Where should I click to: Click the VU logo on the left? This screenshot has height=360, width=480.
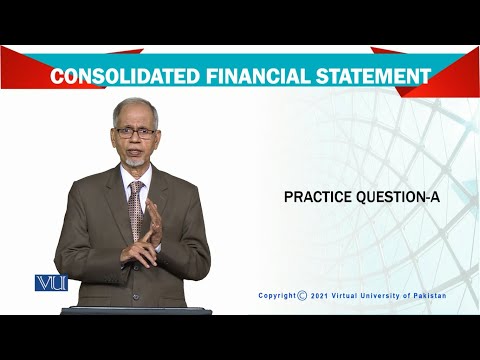click(x=50, y=283)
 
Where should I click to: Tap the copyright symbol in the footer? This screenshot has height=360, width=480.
click(x=303, y=295)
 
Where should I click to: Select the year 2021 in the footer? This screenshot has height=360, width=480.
click(x=323, y=295)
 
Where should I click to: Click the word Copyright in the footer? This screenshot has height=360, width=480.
click(x=277, y=295)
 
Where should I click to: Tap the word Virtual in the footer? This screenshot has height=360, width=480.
click(x=349, y=295)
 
